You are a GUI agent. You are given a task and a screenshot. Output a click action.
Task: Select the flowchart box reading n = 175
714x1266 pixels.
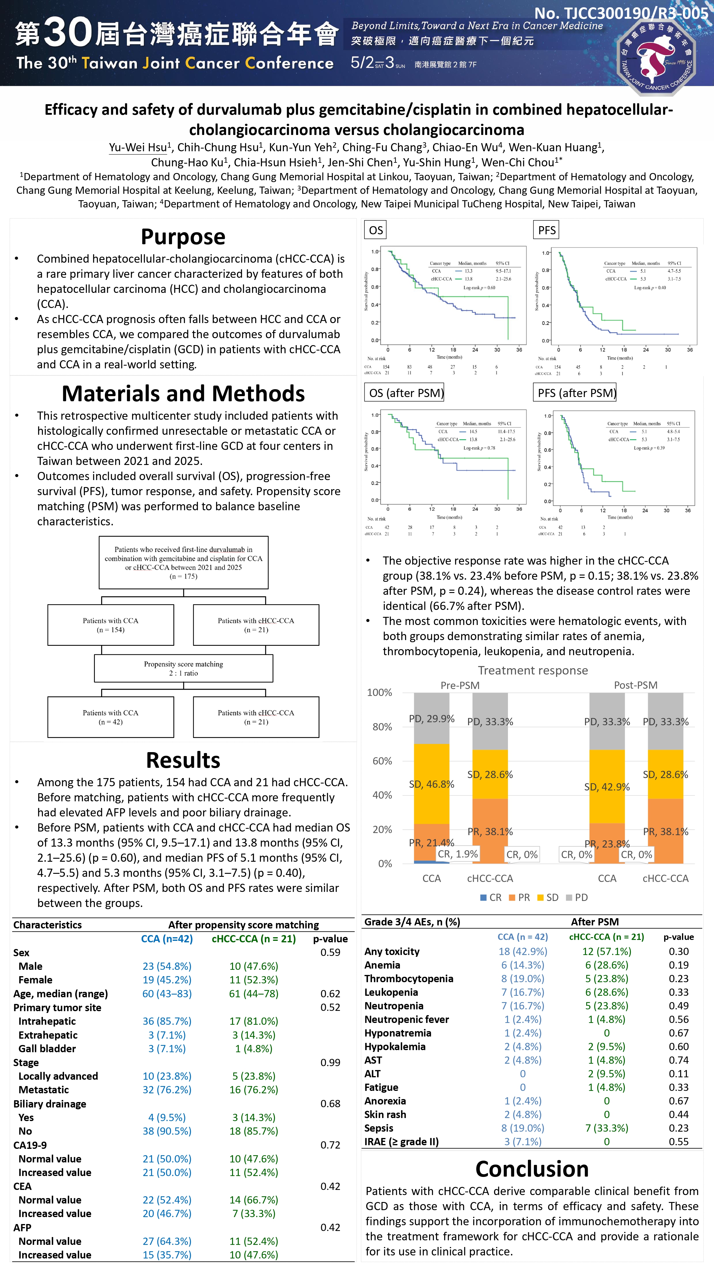coord(183,562)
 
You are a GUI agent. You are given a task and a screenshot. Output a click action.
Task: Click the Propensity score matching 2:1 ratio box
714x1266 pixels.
coord(183,668)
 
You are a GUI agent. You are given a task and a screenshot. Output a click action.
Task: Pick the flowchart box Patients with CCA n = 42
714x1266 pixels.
coord(111,717)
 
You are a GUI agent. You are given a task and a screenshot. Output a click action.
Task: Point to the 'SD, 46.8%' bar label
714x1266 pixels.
coord(431,784)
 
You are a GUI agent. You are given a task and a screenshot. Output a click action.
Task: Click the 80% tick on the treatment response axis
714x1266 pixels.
coord(382,726)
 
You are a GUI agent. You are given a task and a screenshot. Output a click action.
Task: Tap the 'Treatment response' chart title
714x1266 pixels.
coord(532,670)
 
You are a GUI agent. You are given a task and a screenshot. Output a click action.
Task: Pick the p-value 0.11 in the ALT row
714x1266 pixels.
coord(679,1073)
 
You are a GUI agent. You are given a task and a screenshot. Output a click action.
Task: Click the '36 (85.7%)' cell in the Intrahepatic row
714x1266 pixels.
coord(167,1021)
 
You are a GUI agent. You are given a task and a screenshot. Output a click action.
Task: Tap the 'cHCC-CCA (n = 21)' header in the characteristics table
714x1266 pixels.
coord(254,939)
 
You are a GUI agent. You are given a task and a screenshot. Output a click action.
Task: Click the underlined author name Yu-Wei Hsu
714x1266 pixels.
coord(138,147)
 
